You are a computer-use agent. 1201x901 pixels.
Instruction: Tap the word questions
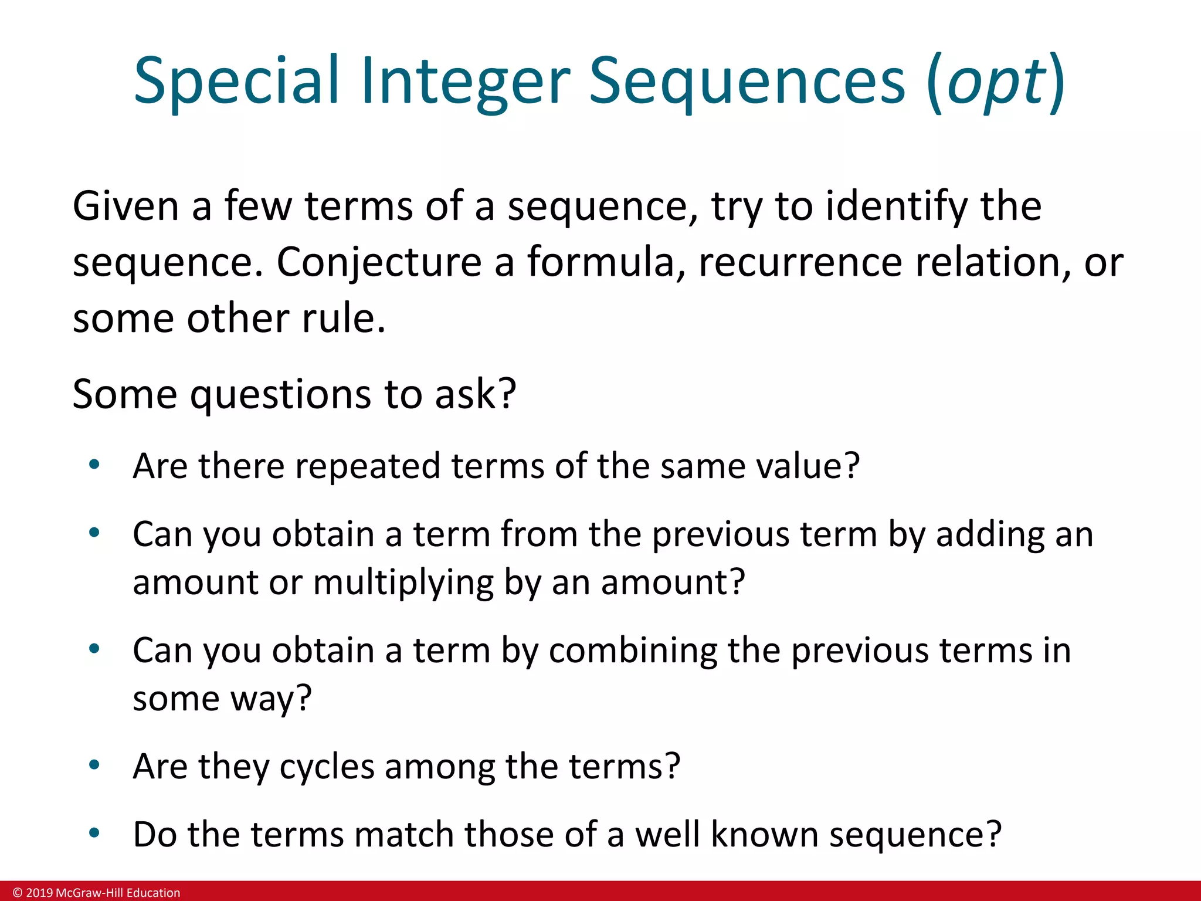tap(280, 394)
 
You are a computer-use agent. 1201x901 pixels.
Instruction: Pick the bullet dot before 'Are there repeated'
tap(94, 465)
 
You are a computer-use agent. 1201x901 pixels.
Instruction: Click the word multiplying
tap(403, 582)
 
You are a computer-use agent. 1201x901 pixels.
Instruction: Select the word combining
tap(633, 651)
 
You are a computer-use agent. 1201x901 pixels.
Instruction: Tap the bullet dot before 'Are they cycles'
tap(94, 765)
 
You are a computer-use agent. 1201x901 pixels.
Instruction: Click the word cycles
tap(327, 767)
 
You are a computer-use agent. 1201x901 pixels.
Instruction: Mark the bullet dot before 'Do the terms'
tap(94, 833)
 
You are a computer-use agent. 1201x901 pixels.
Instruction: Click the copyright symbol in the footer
tap(17, 893)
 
